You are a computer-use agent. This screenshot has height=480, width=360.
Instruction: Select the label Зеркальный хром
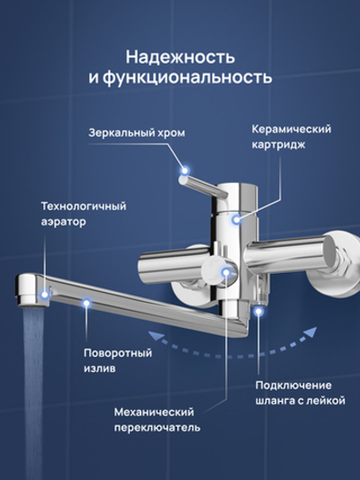click(137, 132)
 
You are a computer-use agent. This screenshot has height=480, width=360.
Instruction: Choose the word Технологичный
click(83, 205)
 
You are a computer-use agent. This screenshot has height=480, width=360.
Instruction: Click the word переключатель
click(157, 428)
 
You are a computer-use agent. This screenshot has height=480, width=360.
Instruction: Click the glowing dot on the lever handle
click(185, 168)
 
